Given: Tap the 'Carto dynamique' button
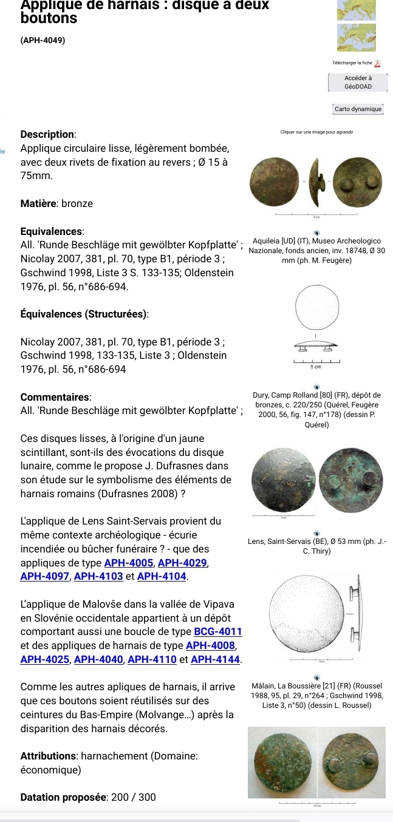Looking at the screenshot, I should pyautogui.click(x=358, y=109).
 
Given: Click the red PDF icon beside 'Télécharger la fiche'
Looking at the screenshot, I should pyautogui.click(x=377, y=63).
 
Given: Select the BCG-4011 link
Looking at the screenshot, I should pyautogui.click(x=218, y=633).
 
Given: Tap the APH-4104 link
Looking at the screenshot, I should pyautogui.click(x=162, y=576).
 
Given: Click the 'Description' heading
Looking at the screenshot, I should pyautogui.click(x=48, y=134).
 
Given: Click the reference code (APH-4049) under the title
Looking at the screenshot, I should pyautogui.click(x=43, y=40).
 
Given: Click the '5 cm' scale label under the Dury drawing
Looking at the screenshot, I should pyautogui.click(x=316, y=367).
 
